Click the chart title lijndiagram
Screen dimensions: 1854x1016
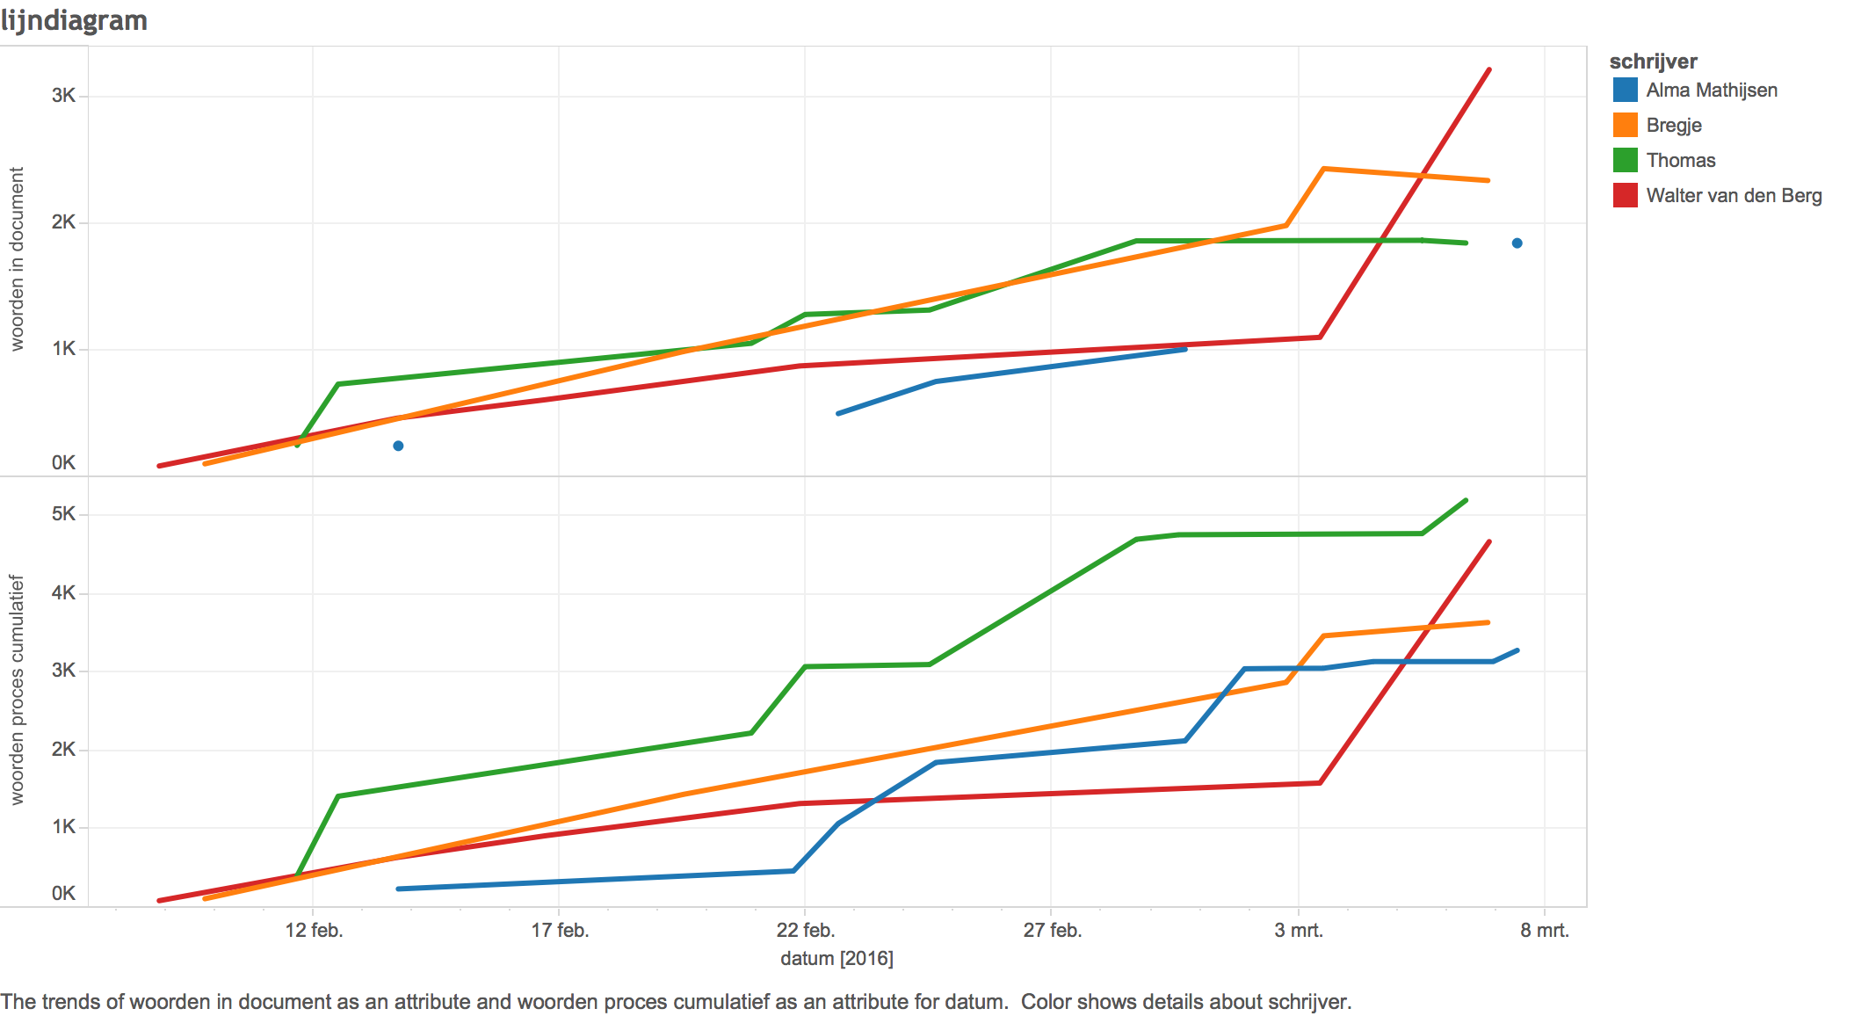pyautogui.click(x=74, y=20)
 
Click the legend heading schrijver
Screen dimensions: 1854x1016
pyautogui.click(x=1653, y=62)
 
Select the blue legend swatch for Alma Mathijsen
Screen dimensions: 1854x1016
pyautogui.click(x=1625, y=90)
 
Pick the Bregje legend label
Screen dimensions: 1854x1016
pyautogui.click(x=1674, y=125)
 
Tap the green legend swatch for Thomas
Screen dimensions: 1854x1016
pyautogui.click(x=1625, y=160)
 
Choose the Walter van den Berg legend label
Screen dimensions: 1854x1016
pyautogui.click(x=1734, y=195)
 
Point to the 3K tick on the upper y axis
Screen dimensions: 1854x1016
pyautogui.click(x=63, y=95)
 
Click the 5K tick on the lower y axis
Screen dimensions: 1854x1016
pyautogui.click(x=63, y=513)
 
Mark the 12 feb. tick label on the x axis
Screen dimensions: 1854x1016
pyautogui.click(x=314, y=930)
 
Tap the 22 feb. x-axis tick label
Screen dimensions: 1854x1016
pyautogui.click(x=806, y=930)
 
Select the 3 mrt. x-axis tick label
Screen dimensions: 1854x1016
pyautogui.click(x=1299, y=930)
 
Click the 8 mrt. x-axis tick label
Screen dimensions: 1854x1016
pyautogui.click(x=1545, y=930)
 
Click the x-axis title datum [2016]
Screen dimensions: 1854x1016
pyautogui.click(x=836, y=958)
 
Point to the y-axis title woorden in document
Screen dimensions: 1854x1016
pyautogui.click(x=17, y=259)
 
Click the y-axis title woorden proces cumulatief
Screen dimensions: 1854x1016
pyautogui.click(x=17, y=690)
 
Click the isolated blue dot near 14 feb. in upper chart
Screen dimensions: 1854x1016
pyautogui.click(x=398, y=446)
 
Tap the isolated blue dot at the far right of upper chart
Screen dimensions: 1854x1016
pyautogui.click(x=1517, y=243)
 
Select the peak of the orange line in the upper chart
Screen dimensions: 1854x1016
pyautogui.click(x=1323, y=169)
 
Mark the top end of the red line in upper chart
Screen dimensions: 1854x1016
pyautogui.click(x=1488, y=69)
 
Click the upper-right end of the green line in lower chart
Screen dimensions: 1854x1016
pyautogui.click(x=1466, y=500)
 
